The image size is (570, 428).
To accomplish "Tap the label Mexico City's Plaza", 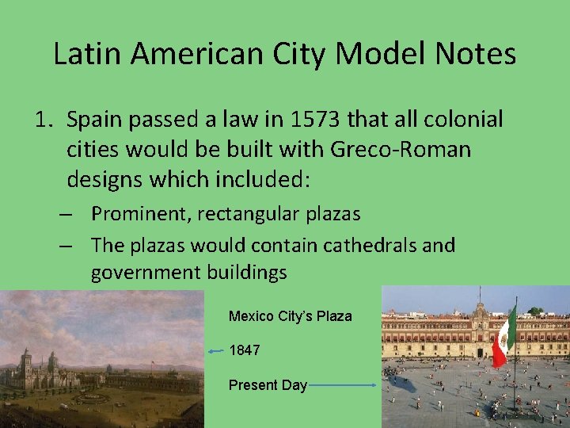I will (x=290, y=316).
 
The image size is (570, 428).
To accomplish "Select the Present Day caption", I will (x=268, y=385).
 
